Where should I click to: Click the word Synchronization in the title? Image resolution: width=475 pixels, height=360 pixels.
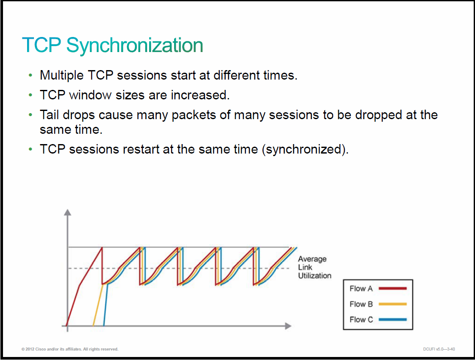[x=135, y=46]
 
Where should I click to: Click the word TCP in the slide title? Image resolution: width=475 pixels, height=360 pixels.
[x=42, y=45]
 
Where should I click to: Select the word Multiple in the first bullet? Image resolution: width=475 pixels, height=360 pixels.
[x=61, y=75]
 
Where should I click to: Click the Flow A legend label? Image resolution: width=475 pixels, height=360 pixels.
[x=361, y=289]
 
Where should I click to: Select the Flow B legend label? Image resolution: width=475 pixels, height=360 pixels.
[x=361, y=304]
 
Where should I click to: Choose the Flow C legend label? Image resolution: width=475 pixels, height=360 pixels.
[x=361, y=320]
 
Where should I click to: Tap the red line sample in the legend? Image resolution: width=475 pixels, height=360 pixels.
[x=392, y=289]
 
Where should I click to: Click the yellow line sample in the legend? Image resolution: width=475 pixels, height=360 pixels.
[x=392, y=304]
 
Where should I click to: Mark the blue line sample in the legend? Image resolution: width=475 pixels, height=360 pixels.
[x=392, y=320]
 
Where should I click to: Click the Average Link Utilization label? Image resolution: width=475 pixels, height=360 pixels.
[x=314, y=267]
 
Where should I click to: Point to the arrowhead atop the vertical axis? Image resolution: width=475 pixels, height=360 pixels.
[x=67, y=212]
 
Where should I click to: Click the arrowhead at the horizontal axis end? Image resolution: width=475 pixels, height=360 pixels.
[x=288, y=326]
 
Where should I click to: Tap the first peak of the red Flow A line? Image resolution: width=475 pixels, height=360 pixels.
[x=102, y=248]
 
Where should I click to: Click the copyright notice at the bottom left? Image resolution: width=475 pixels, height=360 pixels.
[x=70, y=349]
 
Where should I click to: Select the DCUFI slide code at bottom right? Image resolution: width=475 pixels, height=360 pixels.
[x=439, y=349]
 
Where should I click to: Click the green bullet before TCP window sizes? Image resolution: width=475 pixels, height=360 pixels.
[x=30, y=95]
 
